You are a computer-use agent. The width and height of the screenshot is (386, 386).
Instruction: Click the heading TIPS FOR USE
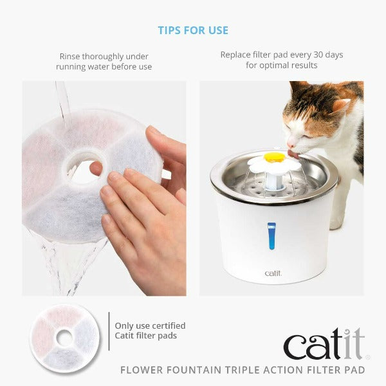click(x=193, y=30)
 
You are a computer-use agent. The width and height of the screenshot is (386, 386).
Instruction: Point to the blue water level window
click(x=271, y=235)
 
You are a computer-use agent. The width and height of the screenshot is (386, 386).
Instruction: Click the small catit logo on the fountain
click(x=273, y=273)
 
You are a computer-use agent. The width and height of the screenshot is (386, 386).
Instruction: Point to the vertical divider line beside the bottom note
click(x=109, y=331)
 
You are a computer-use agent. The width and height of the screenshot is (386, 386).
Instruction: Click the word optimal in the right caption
click(x=271, y=66)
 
